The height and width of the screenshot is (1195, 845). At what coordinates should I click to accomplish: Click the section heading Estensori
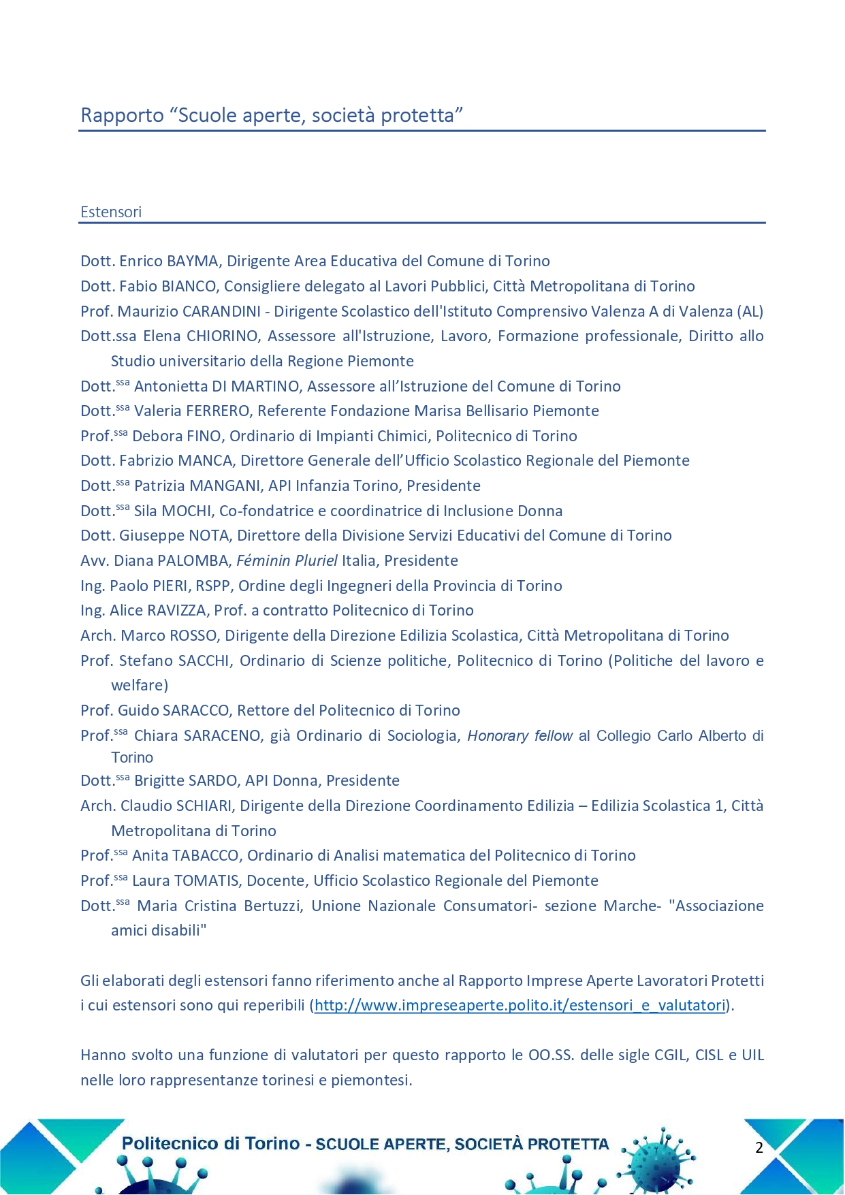click(x=111, y=212)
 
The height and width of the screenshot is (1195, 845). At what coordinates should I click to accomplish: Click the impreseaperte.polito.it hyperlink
click(x=520, y=1006)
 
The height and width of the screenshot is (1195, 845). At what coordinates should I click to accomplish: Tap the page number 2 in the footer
click(x=759, y=1147)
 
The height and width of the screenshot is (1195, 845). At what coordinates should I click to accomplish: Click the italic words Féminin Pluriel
click(x=287, y=560)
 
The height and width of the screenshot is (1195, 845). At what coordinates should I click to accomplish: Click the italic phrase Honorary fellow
click(x=520, y=735)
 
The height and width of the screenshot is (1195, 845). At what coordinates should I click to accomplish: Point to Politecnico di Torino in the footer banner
click(x=210, y=1143)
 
